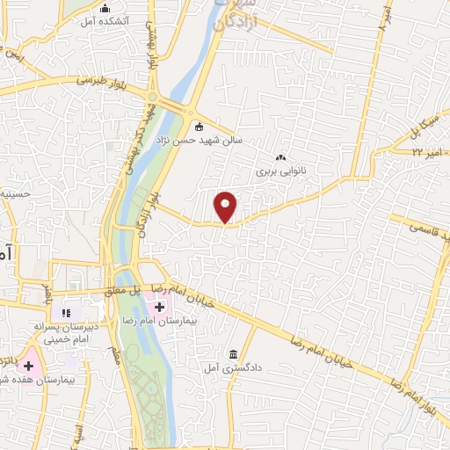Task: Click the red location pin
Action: (226, 207)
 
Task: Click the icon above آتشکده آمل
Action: (105, 8)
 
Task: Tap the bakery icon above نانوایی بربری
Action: (280, 157)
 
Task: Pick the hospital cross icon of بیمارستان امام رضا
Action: (159, 308)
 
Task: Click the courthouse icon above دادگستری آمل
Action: (233, 354)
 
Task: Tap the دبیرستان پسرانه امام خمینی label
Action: (63, 331)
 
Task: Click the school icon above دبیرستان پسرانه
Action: (64, 313)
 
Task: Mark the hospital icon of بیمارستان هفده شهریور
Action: (28, 364)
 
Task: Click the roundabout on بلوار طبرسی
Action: (153, 98)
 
